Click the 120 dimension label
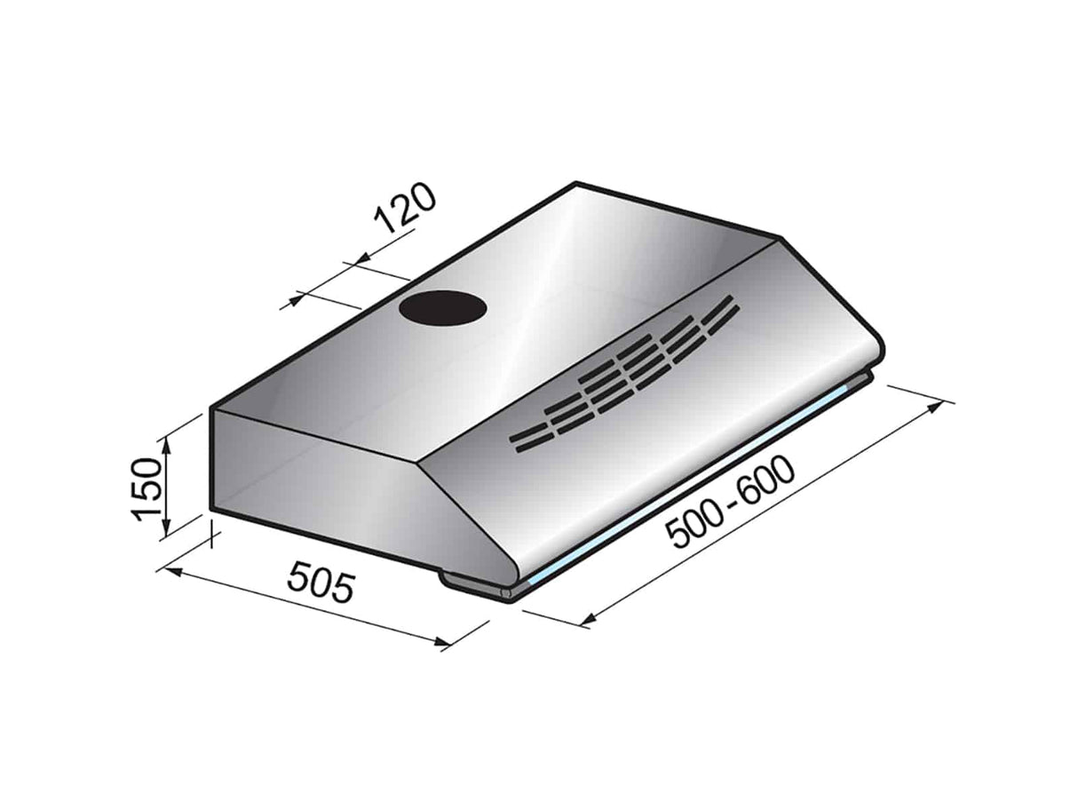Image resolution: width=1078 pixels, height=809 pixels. coord(405,210)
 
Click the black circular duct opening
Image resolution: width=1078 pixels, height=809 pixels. coord(443,309)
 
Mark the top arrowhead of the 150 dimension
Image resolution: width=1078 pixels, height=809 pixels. coord(164,442)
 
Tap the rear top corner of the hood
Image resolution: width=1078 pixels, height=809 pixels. coord(577,185)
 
